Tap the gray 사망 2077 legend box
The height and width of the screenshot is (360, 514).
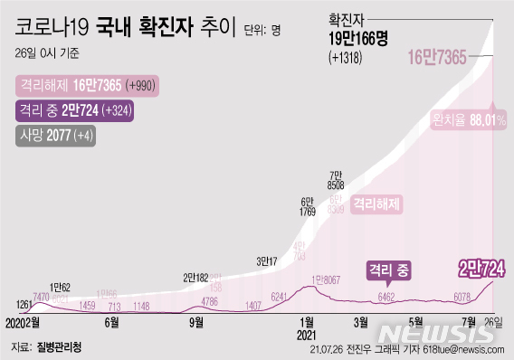[x=54, y=137]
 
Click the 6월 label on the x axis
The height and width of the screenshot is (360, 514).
[x=113, y=320]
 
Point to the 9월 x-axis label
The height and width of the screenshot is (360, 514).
[x=196, y=320]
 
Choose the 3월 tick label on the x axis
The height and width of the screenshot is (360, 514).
[x=361, y=320]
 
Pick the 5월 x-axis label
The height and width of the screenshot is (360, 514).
[x=416, y=320]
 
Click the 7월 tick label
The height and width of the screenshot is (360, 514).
[x=470, y=320]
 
